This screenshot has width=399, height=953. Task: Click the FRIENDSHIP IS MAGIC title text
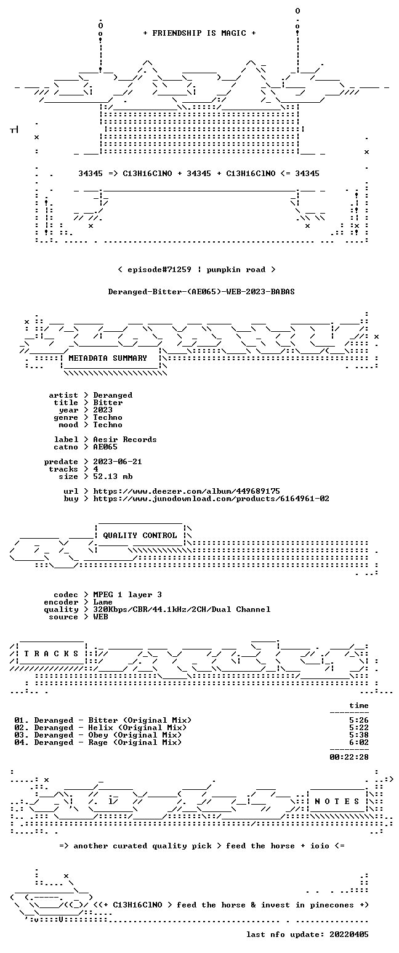[199, 33]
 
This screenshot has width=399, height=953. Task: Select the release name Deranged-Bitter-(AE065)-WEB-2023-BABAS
[201, 292]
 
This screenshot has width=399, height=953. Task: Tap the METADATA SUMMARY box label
[108, 358]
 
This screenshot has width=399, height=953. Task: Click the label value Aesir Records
[125, 440]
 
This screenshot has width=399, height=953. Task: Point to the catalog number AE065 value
[105, 447]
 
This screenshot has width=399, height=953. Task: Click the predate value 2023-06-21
[118, 462]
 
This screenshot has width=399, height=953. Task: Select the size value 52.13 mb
[113, 476]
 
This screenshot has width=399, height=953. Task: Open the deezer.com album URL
[187, 491]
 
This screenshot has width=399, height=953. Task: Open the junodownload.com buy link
[211, 499]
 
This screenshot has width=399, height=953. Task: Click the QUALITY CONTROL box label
[140, 536]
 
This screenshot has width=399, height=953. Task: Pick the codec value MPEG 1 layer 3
[127, 595]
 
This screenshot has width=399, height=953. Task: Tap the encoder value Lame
[103, 602]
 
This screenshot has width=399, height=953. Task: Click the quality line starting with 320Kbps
[182, 609]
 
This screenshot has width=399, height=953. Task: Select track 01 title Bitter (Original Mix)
[140, 720]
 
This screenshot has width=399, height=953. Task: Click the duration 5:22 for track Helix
[359, 728]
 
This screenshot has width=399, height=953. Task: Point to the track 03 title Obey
[99, 735]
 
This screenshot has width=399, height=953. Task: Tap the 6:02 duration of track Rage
[359, 742]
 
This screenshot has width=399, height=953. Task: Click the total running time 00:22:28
[349, 757]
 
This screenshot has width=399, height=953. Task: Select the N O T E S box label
[337, 802]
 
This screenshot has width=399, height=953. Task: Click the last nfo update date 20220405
[349, 935]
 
